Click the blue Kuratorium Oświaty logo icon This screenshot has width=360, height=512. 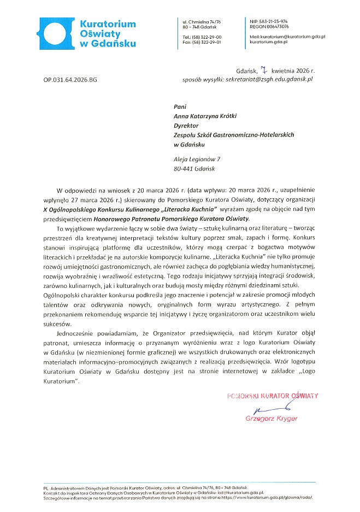pos(56,32)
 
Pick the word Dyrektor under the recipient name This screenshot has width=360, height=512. pos(185,125)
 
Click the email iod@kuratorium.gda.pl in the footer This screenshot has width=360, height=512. pos(236,492)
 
